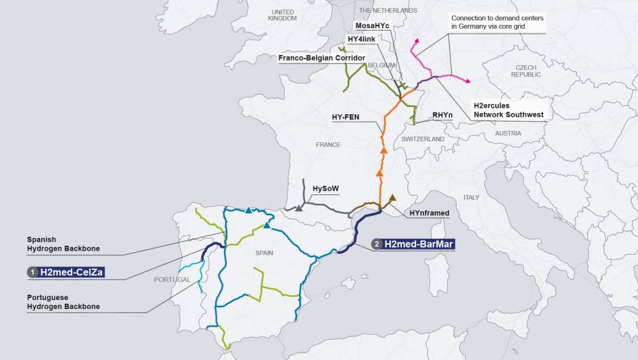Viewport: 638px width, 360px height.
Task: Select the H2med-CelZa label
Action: tap(71, 273)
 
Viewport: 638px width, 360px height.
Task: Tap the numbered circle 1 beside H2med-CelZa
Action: tap(32, 273)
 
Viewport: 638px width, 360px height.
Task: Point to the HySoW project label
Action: tap(325, 188)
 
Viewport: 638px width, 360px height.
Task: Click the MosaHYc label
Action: tap(373, 25)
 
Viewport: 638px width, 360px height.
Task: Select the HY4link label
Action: tap(361, 39)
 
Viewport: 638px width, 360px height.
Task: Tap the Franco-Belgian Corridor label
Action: tap(322, 58)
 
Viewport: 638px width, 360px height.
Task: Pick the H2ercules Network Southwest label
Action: tap(508, 109)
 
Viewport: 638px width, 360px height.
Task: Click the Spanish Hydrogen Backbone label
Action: tap(63, 243)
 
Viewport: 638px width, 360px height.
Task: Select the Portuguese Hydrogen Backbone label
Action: tap(63, 302)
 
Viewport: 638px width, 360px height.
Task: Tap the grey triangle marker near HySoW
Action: tap(299, 208)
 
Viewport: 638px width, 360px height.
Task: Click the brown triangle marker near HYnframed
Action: tap(392, 197)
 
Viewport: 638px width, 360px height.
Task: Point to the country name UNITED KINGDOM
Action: tap(283, 15)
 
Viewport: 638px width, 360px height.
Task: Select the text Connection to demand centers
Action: tap(497, 18)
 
